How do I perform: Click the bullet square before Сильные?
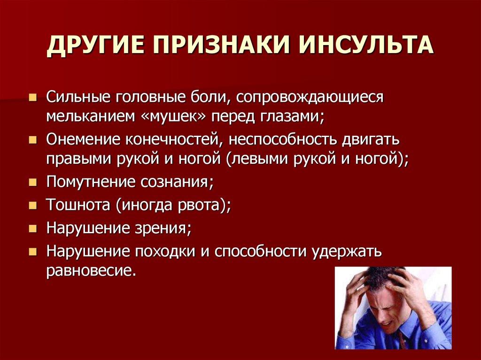click(32, 98)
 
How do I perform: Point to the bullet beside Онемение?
click(32, 140)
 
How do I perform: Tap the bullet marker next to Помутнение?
click(32, 183)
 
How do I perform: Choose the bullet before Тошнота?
click(32, 205)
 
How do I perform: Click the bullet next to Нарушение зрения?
click(32, 229)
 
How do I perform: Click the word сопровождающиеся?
click(310, 98)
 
